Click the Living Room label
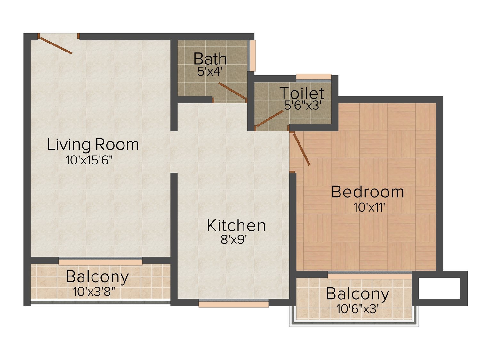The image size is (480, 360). (93, 145)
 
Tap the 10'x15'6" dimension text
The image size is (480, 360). (89, 160)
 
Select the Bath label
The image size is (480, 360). (210, 59)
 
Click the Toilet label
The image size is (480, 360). (302, 93)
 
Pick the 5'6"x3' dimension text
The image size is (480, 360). (302, 105)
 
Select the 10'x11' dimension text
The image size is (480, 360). (369, 207)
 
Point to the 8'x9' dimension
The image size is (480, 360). (234, 240)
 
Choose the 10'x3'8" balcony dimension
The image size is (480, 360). (94, 292)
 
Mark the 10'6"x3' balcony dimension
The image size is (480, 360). (357, 309)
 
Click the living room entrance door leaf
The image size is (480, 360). (56, 45)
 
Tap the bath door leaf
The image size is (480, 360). (232, 91)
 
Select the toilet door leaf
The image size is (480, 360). (269, 119)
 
